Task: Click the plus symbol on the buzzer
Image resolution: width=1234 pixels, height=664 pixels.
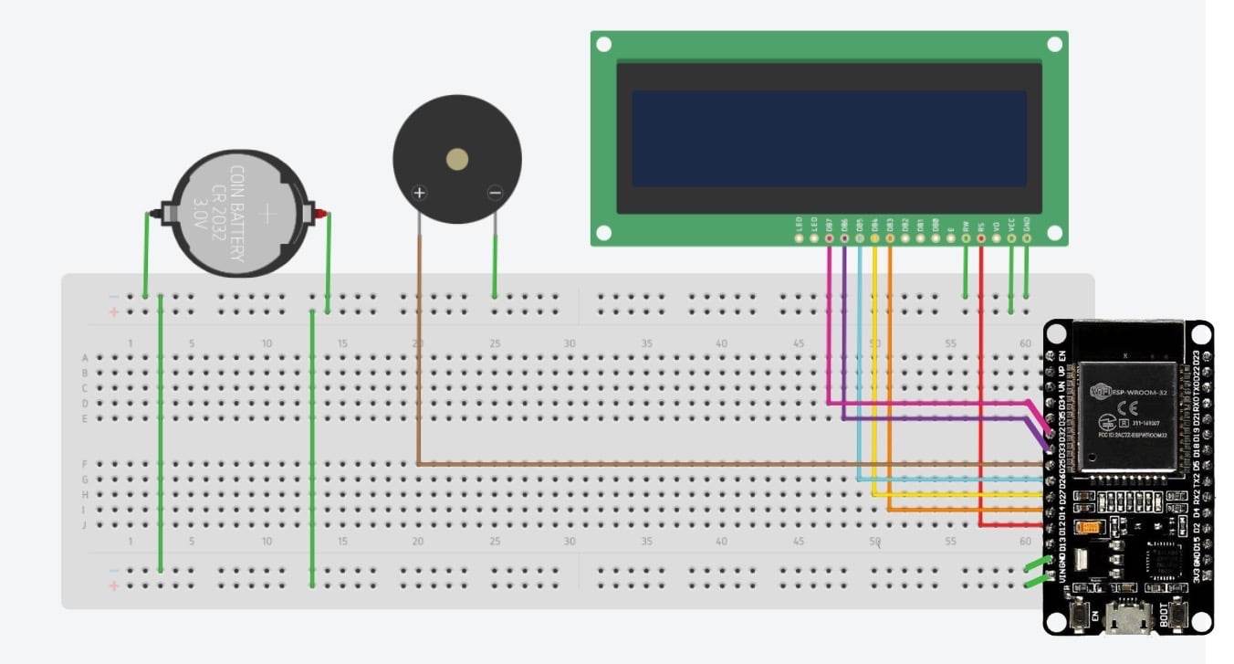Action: pyautogui.click(x=419, y=193)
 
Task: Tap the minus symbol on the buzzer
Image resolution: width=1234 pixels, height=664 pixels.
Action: pyautogui.click(x=495, y=193)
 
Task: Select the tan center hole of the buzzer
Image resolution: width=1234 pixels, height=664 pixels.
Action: pyautogui.click(x=457, y=160)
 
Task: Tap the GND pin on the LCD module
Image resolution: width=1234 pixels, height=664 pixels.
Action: pyautogui.click(x=1027, y=238)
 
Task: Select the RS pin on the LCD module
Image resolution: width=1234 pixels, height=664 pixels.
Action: pyautogui.click(x=981, y=238)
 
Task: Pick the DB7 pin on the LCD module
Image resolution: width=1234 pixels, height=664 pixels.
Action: pyautogui.click(x=829, y=238)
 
